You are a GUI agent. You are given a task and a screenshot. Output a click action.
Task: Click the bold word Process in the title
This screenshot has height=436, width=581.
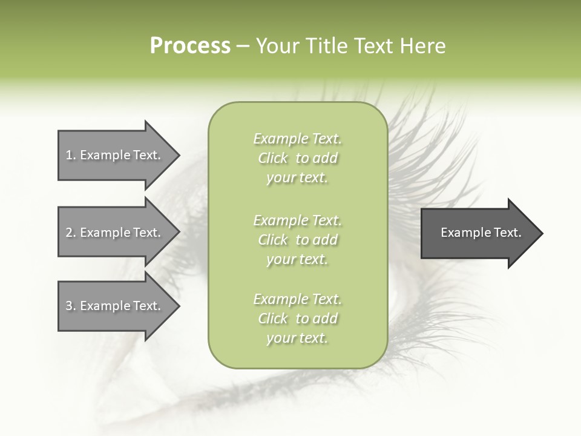(x=190, y=46)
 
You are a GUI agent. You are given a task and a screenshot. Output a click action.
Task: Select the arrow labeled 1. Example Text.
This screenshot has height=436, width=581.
(x=113, y=155)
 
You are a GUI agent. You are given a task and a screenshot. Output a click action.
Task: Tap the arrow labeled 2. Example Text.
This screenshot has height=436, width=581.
(x=113, y=233)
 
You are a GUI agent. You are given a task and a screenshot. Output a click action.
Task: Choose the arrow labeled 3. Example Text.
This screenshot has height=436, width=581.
(x=113, y=306)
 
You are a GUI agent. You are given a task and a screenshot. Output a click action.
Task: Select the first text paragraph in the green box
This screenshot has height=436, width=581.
(x=297, y=158)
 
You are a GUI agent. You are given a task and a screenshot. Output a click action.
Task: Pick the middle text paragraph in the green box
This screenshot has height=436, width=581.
(x=297, y=240)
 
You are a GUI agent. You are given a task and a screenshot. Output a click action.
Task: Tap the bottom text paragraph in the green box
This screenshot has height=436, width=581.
(x=297, y=319)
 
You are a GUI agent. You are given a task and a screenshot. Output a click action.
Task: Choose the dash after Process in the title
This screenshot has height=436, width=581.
(x=243, y=46)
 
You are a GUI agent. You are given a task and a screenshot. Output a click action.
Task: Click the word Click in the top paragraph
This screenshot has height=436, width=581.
(x=273, y=158)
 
